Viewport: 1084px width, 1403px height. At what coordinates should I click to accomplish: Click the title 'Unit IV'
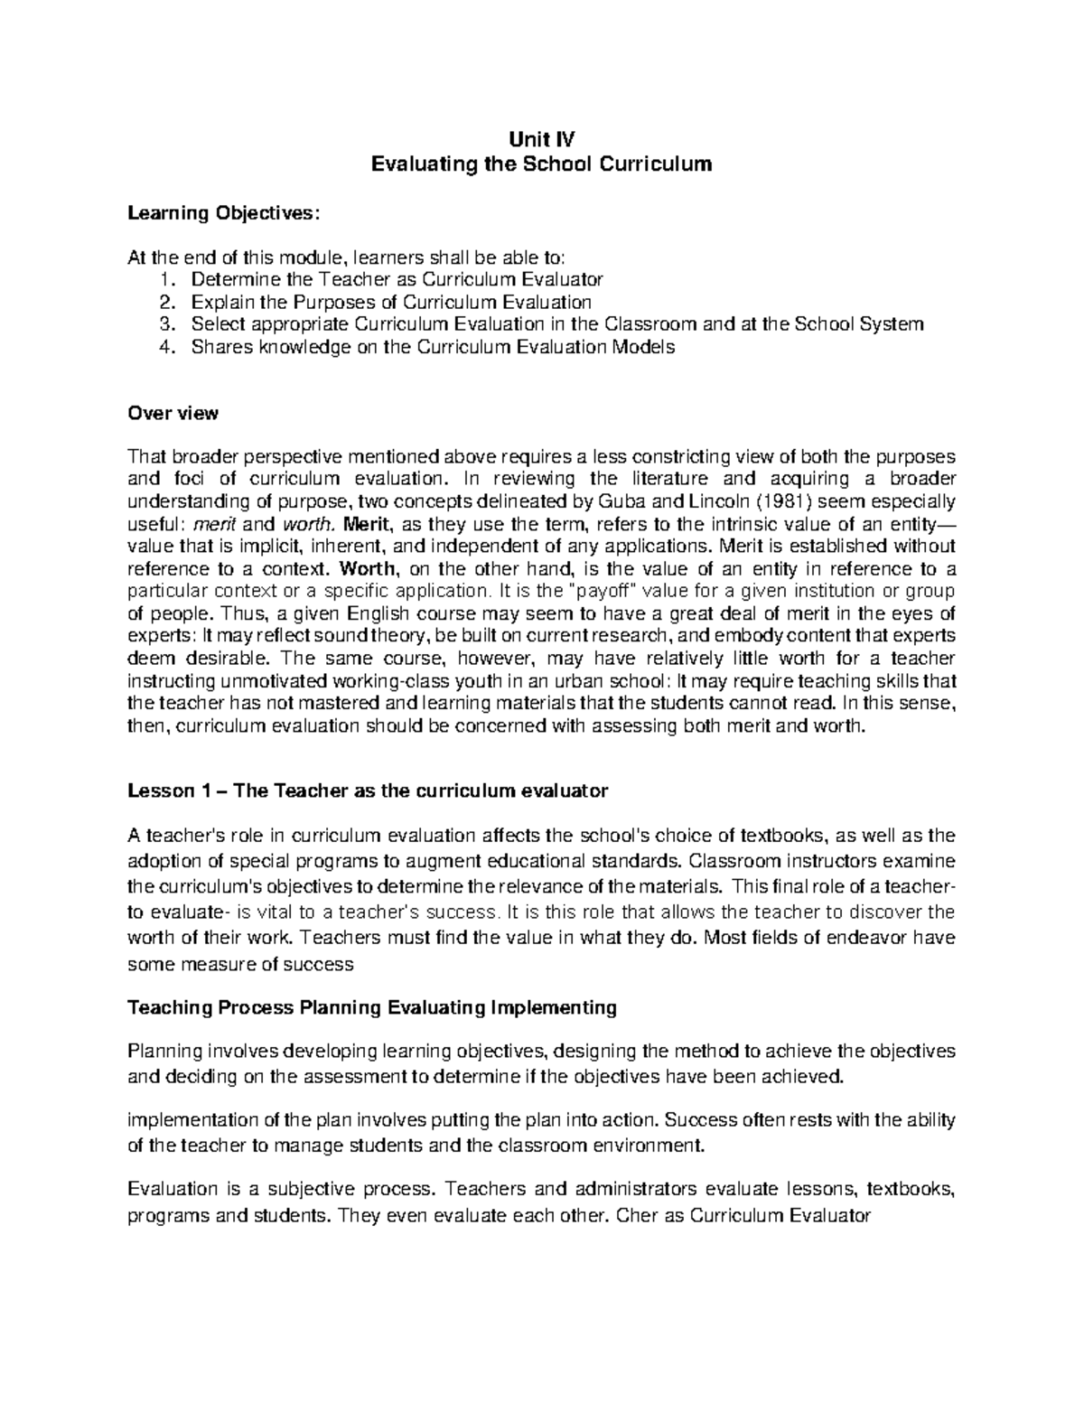[x=542, y=139]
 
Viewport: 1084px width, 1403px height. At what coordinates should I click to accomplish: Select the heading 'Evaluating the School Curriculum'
[x=542, y=164]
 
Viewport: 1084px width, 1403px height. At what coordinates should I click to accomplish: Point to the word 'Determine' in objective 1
[x=230, y=279]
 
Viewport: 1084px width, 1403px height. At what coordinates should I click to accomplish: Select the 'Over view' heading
[x=173, y=414]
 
